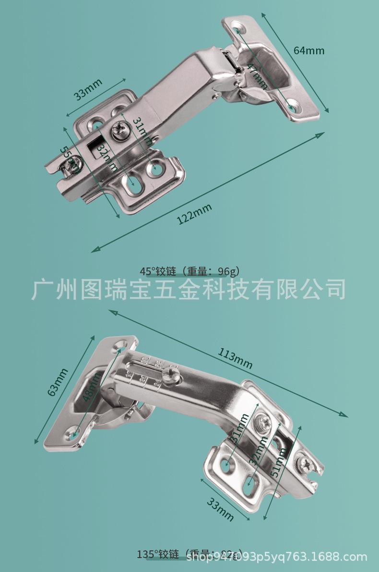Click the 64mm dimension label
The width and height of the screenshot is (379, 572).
click(309, 50)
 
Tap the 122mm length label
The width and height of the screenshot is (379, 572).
click(194, 214)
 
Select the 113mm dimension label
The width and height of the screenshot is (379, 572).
click(235, 358)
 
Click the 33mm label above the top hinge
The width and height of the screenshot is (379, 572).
click(88, 89)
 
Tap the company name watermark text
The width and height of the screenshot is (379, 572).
click(189, 290)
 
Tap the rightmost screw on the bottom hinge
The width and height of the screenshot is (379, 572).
click(305, 463)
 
